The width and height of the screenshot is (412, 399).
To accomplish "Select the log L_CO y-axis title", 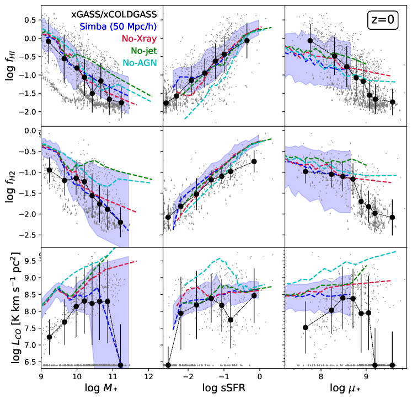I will click(10, 309).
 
